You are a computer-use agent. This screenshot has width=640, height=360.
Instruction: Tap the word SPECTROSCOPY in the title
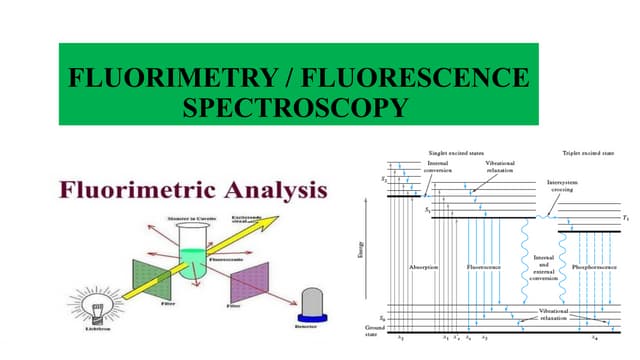pyautogui.click(x=295, y=107)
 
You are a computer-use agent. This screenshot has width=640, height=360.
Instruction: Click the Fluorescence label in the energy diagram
pyautogui.click(x=484, y=268)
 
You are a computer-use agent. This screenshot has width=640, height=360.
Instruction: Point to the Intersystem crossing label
pyautogui.click(x=561, y=187)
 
